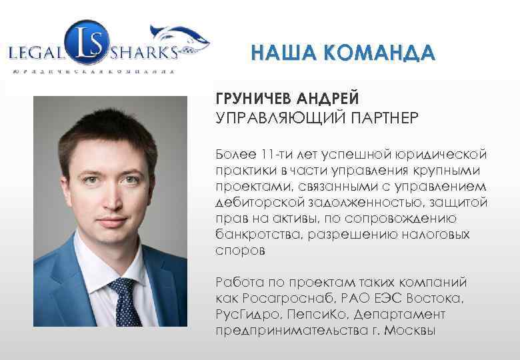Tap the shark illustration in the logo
[x=181, y=37]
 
